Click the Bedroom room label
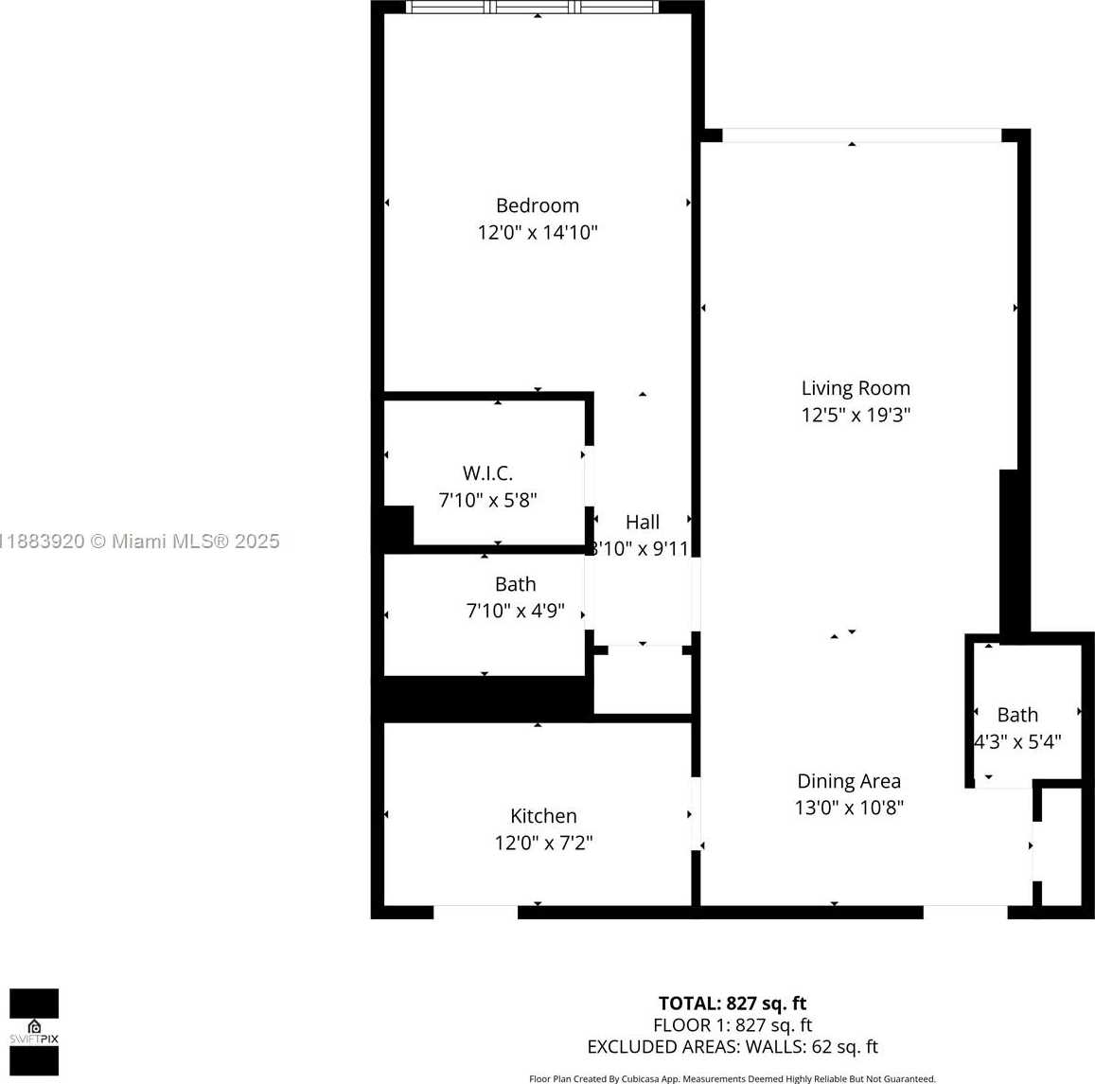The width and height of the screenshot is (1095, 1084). coord(537,205)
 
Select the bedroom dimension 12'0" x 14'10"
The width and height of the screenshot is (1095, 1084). coord(537,232)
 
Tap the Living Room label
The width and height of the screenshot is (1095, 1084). coord(856,387)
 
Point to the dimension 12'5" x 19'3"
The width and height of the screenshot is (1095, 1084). coord(856,414)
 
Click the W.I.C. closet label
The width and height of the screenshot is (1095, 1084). coord(487,472)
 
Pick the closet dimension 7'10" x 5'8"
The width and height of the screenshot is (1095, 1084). coord(487,499)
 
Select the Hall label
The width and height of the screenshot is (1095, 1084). coord(642,522)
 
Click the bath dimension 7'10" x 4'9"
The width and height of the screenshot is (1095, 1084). coord(515,611)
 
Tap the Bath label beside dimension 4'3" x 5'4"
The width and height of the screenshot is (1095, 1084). coord(1017,715)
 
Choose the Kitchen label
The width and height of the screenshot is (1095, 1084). coord(543,815)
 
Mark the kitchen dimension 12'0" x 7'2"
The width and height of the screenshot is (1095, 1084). coord(543,842)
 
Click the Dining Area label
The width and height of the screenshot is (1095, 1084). coord(849,781)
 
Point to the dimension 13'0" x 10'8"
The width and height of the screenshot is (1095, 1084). coord(849,808)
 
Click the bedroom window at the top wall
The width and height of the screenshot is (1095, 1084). coord(532,7)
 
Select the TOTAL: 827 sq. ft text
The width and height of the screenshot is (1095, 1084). coord(733,1004)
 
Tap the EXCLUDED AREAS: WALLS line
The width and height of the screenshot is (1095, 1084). coord(733,1046)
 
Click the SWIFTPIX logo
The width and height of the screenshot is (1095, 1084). coord(34,1032)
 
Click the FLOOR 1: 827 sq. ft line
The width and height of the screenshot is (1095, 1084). coord(733,1024)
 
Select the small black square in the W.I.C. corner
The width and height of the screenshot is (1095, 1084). coord(398,525)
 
